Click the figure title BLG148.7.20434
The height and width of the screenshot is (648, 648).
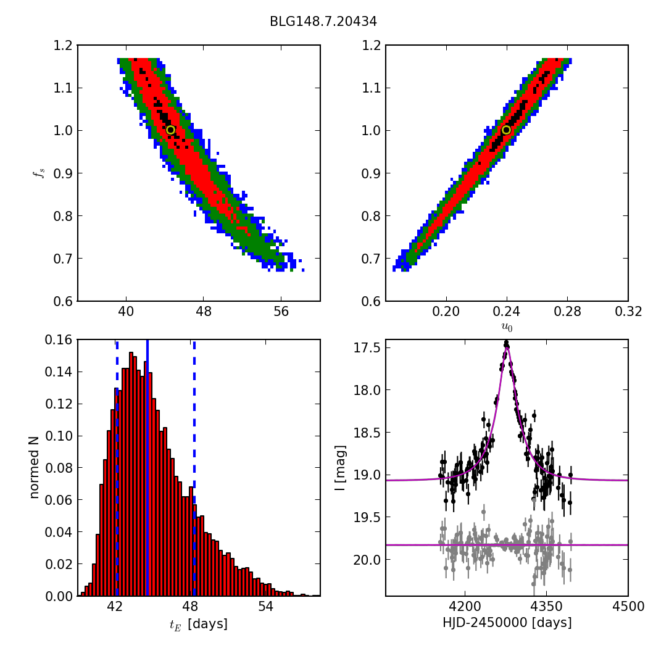point(323,22)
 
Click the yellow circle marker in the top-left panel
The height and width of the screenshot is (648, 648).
point(170,130)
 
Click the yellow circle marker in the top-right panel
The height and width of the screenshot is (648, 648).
point(506,130)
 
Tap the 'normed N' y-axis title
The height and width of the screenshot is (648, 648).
point(35,467)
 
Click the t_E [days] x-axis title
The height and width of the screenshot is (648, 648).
point(198,625)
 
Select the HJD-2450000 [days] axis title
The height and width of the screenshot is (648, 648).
point(507,623)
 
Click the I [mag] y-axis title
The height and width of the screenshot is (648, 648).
point(357,467)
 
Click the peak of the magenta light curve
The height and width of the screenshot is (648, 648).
point(507,347)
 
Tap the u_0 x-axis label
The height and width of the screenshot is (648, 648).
point(507,328)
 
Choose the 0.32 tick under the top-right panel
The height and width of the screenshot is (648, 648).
point(628,312)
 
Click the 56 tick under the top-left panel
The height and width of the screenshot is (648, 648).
point(281,312)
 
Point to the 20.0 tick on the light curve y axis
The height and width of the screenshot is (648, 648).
point(368,560)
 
